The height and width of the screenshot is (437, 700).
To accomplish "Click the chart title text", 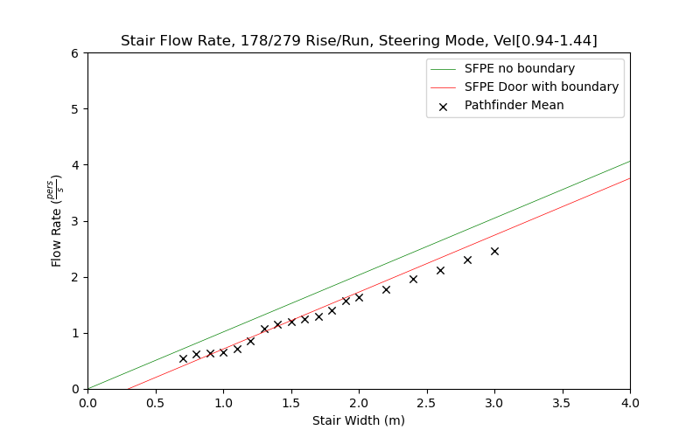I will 359,40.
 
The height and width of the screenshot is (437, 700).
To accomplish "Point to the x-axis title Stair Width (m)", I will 359,420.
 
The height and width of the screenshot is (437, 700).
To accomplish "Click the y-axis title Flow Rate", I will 58,220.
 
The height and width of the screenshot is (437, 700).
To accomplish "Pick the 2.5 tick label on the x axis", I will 426,404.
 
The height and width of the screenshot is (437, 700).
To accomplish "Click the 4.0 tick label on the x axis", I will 630,404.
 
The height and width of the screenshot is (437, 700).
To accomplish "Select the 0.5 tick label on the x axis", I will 155,404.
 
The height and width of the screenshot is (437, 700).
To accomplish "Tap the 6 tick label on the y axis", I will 75,53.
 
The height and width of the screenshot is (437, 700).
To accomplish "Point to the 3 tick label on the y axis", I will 75,221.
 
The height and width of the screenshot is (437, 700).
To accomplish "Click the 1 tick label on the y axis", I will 75,333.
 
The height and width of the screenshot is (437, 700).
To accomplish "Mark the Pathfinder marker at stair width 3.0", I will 494,251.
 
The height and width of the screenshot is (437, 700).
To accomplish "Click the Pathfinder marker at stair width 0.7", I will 183,358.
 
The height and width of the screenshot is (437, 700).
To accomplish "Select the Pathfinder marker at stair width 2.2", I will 386,289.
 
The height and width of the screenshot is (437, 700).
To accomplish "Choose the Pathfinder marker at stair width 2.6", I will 440,270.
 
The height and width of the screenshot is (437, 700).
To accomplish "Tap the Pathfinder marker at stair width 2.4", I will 413,279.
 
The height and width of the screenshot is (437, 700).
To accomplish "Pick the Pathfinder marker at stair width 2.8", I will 467,260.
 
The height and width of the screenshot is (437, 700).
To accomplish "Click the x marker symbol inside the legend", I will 443,107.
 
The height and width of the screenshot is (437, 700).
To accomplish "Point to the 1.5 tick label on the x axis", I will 290,404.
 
